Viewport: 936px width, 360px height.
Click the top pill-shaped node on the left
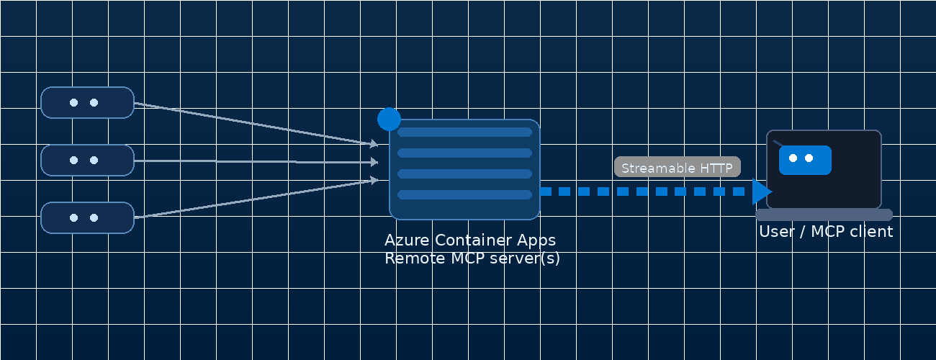(x=87, y=102)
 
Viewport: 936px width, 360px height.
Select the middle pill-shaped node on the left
(x=87, y=160)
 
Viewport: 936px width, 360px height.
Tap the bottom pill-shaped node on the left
(x=87, y=217)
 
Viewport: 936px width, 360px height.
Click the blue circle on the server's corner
(x=389, y=119)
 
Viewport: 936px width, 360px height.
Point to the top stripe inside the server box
(x=464, y=132)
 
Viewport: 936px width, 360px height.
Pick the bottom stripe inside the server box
(x=464, y=194)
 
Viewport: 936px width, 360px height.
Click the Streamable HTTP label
(x=677, y=168)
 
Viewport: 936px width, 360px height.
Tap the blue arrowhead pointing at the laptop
(x=761, y=192)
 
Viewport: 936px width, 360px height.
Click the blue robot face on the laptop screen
(x=805, y=160)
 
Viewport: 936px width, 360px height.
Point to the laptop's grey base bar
(x=824, y=215)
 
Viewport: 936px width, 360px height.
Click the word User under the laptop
(x=775, y=232)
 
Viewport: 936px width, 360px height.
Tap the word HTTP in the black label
(x=716, y=168)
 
